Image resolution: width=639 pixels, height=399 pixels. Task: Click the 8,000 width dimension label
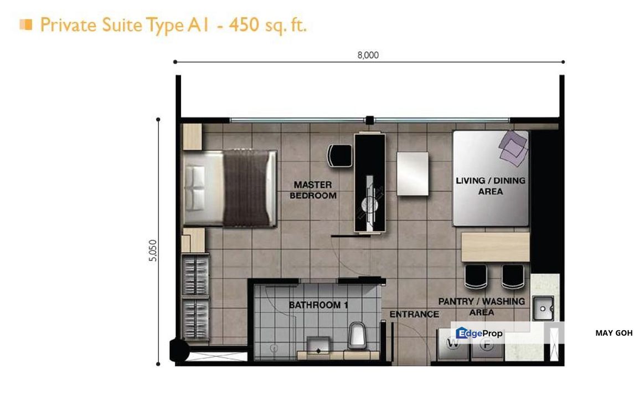(x=368, y=55)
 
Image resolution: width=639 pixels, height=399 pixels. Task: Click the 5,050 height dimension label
(x=152, y=250)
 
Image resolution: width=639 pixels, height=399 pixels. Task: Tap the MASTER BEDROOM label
(x=313, y=190)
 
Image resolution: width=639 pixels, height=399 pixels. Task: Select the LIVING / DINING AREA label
(x=490, y=186)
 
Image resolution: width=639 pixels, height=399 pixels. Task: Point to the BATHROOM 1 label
(x=318, y=305)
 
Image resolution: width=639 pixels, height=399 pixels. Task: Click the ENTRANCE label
(x=414, y=314)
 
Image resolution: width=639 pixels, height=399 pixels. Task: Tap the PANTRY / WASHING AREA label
(x=481, y=307)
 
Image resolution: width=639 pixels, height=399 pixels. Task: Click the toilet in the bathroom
(x=357, y=335)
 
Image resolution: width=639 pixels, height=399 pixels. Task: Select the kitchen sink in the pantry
(x=543, y=309)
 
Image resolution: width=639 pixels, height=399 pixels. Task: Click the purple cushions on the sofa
(x=513, y=148)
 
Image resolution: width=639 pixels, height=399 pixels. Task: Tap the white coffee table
(x=413, y=173)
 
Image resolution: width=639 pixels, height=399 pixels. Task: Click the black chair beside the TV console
(x=339, y=155)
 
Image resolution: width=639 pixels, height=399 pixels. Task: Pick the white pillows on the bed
(x=195, y=188)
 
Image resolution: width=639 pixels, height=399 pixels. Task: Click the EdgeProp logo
(x=480, y=333)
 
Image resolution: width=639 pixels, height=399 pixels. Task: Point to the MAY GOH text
(x=614, y=333)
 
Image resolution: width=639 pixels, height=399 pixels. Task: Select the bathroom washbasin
(x=318, y=345)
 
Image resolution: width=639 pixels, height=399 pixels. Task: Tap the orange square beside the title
(x=25, y=25)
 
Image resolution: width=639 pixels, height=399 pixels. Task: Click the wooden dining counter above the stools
(x=495, y=247)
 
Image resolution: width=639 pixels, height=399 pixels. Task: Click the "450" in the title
(x=244, y=24)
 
